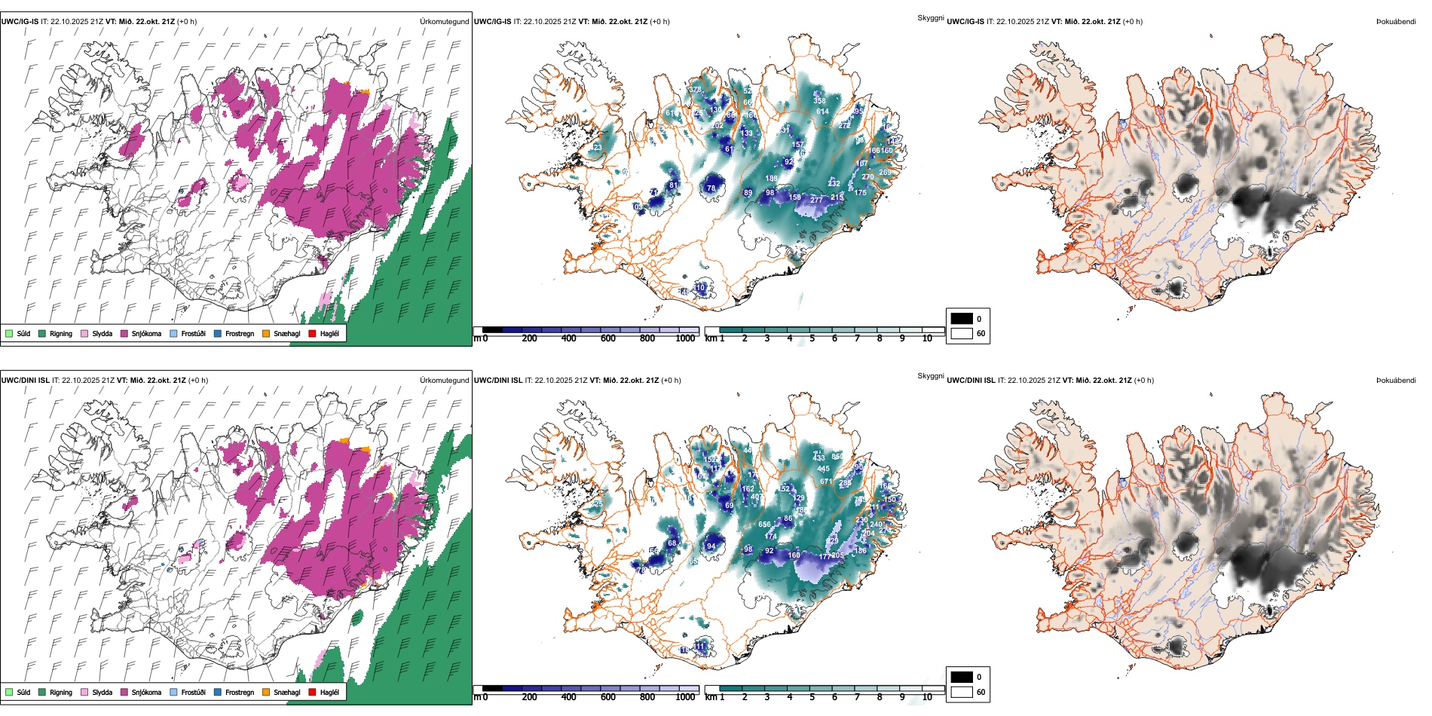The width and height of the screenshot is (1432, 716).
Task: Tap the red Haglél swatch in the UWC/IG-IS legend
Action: (313, 334)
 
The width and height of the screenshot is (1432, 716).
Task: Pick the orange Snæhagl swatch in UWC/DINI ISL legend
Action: (266, 693)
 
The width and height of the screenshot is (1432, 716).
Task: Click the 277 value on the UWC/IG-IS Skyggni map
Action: (816, 200)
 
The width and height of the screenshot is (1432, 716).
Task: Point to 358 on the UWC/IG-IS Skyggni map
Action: (819, 100)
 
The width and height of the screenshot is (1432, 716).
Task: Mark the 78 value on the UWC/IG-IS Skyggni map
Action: (711, 188)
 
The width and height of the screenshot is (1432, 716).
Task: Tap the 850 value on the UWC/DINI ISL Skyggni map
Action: (837, 457)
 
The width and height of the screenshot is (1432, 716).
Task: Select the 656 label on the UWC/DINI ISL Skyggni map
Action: (764, 525)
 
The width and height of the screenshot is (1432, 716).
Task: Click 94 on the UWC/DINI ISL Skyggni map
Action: (711, 546)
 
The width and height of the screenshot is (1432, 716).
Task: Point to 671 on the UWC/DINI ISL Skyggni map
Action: (826, 481)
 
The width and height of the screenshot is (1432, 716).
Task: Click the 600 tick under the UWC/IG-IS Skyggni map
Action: (608, 338)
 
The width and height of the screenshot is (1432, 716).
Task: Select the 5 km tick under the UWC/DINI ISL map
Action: (812, 697)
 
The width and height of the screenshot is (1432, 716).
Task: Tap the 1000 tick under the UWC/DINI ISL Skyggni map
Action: (685, 697)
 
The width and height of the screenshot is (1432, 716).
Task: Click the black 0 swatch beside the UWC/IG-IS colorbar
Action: (962, 319)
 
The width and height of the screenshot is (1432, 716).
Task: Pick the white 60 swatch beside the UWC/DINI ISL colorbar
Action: (962, 692)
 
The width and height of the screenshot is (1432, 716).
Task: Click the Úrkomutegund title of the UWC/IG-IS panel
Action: (444, 22)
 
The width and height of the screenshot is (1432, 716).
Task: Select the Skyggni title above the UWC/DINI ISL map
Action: (930, 376)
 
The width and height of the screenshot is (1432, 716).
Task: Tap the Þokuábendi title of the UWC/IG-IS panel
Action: (1396, 22)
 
